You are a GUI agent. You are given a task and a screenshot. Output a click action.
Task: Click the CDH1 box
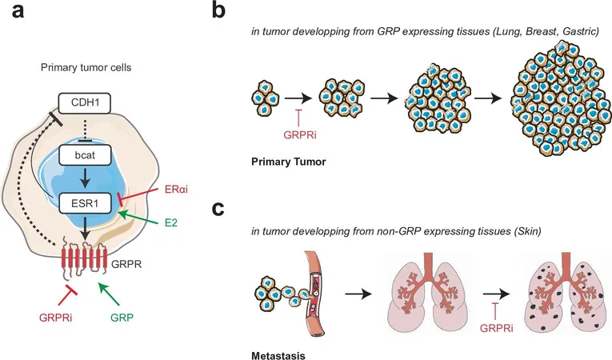click(x=85, y=103)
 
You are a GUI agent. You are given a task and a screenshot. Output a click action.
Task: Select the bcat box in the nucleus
click(x=85, y=155)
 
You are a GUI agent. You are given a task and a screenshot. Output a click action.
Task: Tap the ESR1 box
click(x=85, y=203)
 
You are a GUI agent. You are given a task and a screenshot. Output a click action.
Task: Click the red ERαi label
click(x=177, y=190)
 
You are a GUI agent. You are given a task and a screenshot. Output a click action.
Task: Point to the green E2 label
click(x=171, y=222)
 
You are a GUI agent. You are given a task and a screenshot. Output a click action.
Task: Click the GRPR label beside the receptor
click(x=126, y=264)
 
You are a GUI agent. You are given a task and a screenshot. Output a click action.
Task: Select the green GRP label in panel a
click(x=122, y=318)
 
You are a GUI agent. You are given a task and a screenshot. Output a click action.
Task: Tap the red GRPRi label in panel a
click(x=55, y=318)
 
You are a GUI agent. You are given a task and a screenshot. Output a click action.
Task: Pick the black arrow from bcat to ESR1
click(x=85, y=179)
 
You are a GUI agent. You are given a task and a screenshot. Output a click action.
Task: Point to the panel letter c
click(x=218, y=209)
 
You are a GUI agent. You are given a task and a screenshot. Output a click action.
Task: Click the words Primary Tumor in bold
click(x=289, y=162)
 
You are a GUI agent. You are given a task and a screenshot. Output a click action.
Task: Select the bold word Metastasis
click(x=278, y=356)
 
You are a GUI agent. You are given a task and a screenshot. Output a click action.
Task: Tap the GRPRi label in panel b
click(x=300, y=135)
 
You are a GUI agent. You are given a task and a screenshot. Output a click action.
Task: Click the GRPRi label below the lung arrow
click(x=497, y=328)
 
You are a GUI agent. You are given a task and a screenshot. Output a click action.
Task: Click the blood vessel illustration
click(x=315, y=294)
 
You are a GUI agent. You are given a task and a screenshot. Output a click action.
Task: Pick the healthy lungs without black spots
click(x=428, y=294)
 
